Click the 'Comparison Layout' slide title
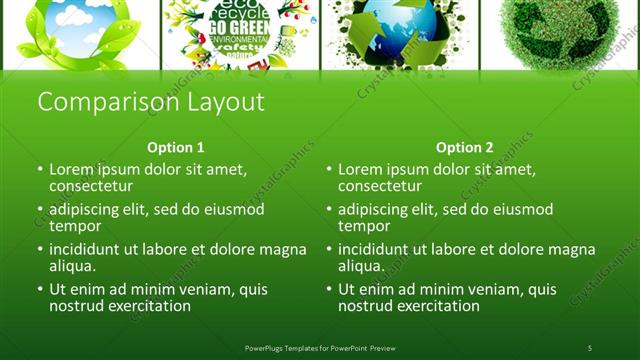point(150,102)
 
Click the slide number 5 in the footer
point(589,347)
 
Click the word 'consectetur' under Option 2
point(380,186)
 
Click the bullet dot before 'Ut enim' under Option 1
point(39,290)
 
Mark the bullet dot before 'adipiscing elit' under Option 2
point(328,210)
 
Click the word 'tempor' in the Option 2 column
point(364,226)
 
